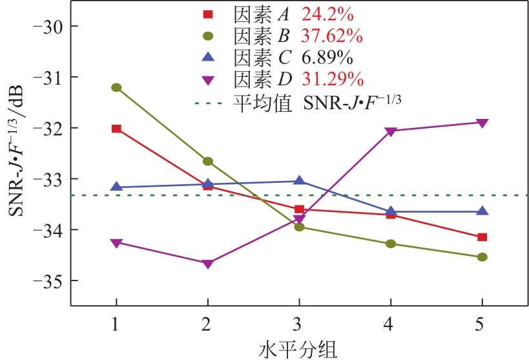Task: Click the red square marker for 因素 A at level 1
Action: [x=116, y=129]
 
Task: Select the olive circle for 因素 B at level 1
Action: [x=116, y=87]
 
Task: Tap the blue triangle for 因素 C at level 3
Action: [x=299, y=181]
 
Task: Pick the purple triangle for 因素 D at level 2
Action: [x=207, y=264]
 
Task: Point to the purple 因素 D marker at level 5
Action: [x=482, y=123]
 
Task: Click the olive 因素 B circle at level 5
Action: [x=482, y=257]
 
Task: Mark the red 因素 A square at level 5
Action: [x=482, y=237]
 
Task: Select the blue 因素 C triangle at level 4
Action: [x=390, y=211]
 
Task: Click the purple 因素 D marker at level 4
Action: [x=390, y=131]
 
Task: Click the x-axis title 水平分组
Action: [x=298, y=349]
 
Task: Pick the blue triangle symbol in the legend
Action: [x=208, y=58]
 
